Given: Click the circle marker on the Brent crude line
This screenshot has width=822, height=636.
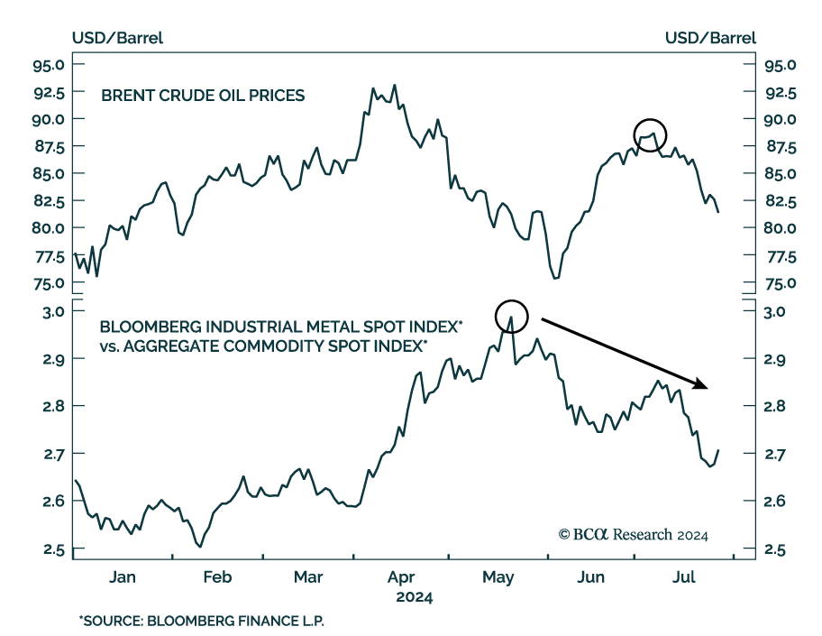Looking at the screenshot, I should (x=650, y=134).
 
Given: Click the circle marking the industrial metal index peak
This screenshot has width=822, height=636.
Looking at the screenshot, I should (x=510, y=315).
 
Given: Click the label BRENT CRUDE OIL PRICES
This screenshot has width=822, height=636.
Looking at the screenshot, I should (x=202, y=95).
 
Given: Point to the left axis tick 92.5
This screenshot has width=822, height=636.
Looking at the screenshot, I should (x=49, y=92).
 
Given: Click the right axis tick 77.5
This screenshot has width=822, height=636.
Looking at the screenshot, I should (x=779, y=256).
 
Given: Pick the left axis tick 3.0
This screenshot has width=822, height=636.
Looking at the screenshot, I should (x=52, y=311).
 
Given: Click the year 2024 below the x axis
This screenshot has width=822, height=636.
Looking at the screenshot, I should (x=414, y=597).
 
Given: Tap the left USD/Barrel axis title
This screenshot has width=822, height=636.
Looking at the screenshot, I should (x=117, y=38).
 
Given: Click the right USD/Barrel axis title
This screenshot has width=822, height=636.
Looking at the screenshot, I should (x=710, y=38).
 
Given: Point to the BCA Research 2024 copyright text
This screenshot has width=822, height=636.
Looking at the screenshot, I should (x=634, y=534).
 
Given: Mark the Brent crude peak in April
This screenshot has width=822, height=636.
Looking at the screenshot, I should (x=394, y=86).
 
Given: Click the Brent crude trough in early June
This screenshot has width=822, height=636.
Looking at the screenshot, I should (x=555, y=278).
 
